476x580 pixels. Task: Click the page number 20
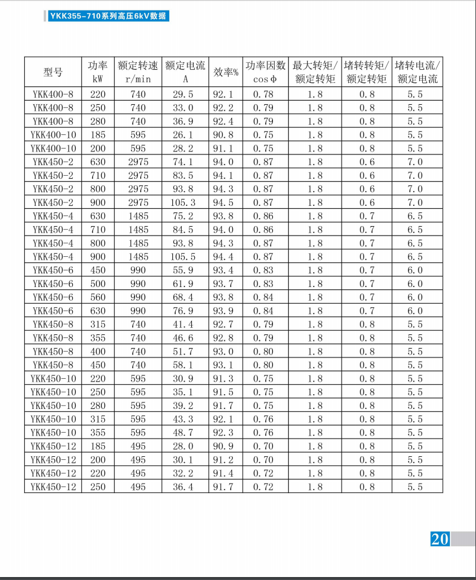(440, 539)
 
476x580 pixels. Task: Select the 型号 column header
(53, 72)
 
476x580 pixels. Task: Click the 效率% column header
(226, 72)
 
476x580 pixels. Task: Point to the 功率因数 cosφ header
(265, 72)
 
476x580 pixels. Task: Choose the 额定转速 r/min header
(138, 72)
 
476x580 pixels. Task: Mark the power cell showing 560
(98, 297)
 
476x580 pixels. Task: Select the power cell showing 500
(98, 283)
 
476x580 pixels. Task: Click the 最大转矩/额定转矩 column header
(316, 72)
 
